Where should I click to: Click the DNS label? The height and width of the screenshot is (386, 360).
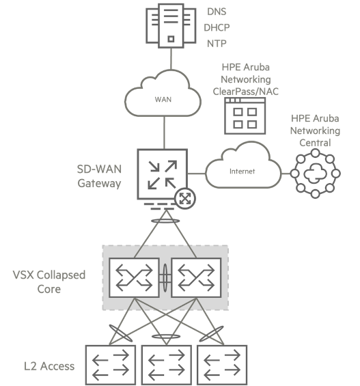click(217, 12)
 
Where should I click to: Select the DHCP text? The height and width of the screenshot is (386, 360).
click(217, 27)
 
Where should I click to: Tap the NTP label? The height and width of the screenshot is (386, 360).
click(217, 44)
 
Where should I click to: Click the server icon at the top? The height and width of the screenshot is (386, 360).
click(171, 25)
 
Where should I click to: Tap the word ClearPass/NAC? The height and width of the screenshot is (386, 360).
click(245, 92)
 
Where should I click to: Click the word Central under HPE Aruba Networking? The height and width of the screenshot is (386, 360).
click(315, 143)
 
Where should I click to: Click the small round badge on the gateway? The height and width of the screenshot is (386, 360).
click(185, 198)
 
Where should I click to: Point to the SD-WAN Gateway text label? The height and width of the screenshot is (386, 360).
click(99, 176)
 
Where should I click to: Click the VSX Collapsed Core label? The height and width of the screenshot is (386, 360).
click(49, 282)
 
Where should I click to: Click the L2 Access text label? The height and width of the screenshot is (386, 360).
click(49, 366)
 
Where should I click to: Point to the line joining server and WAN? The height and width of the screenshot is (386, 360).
click(171, 59)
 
